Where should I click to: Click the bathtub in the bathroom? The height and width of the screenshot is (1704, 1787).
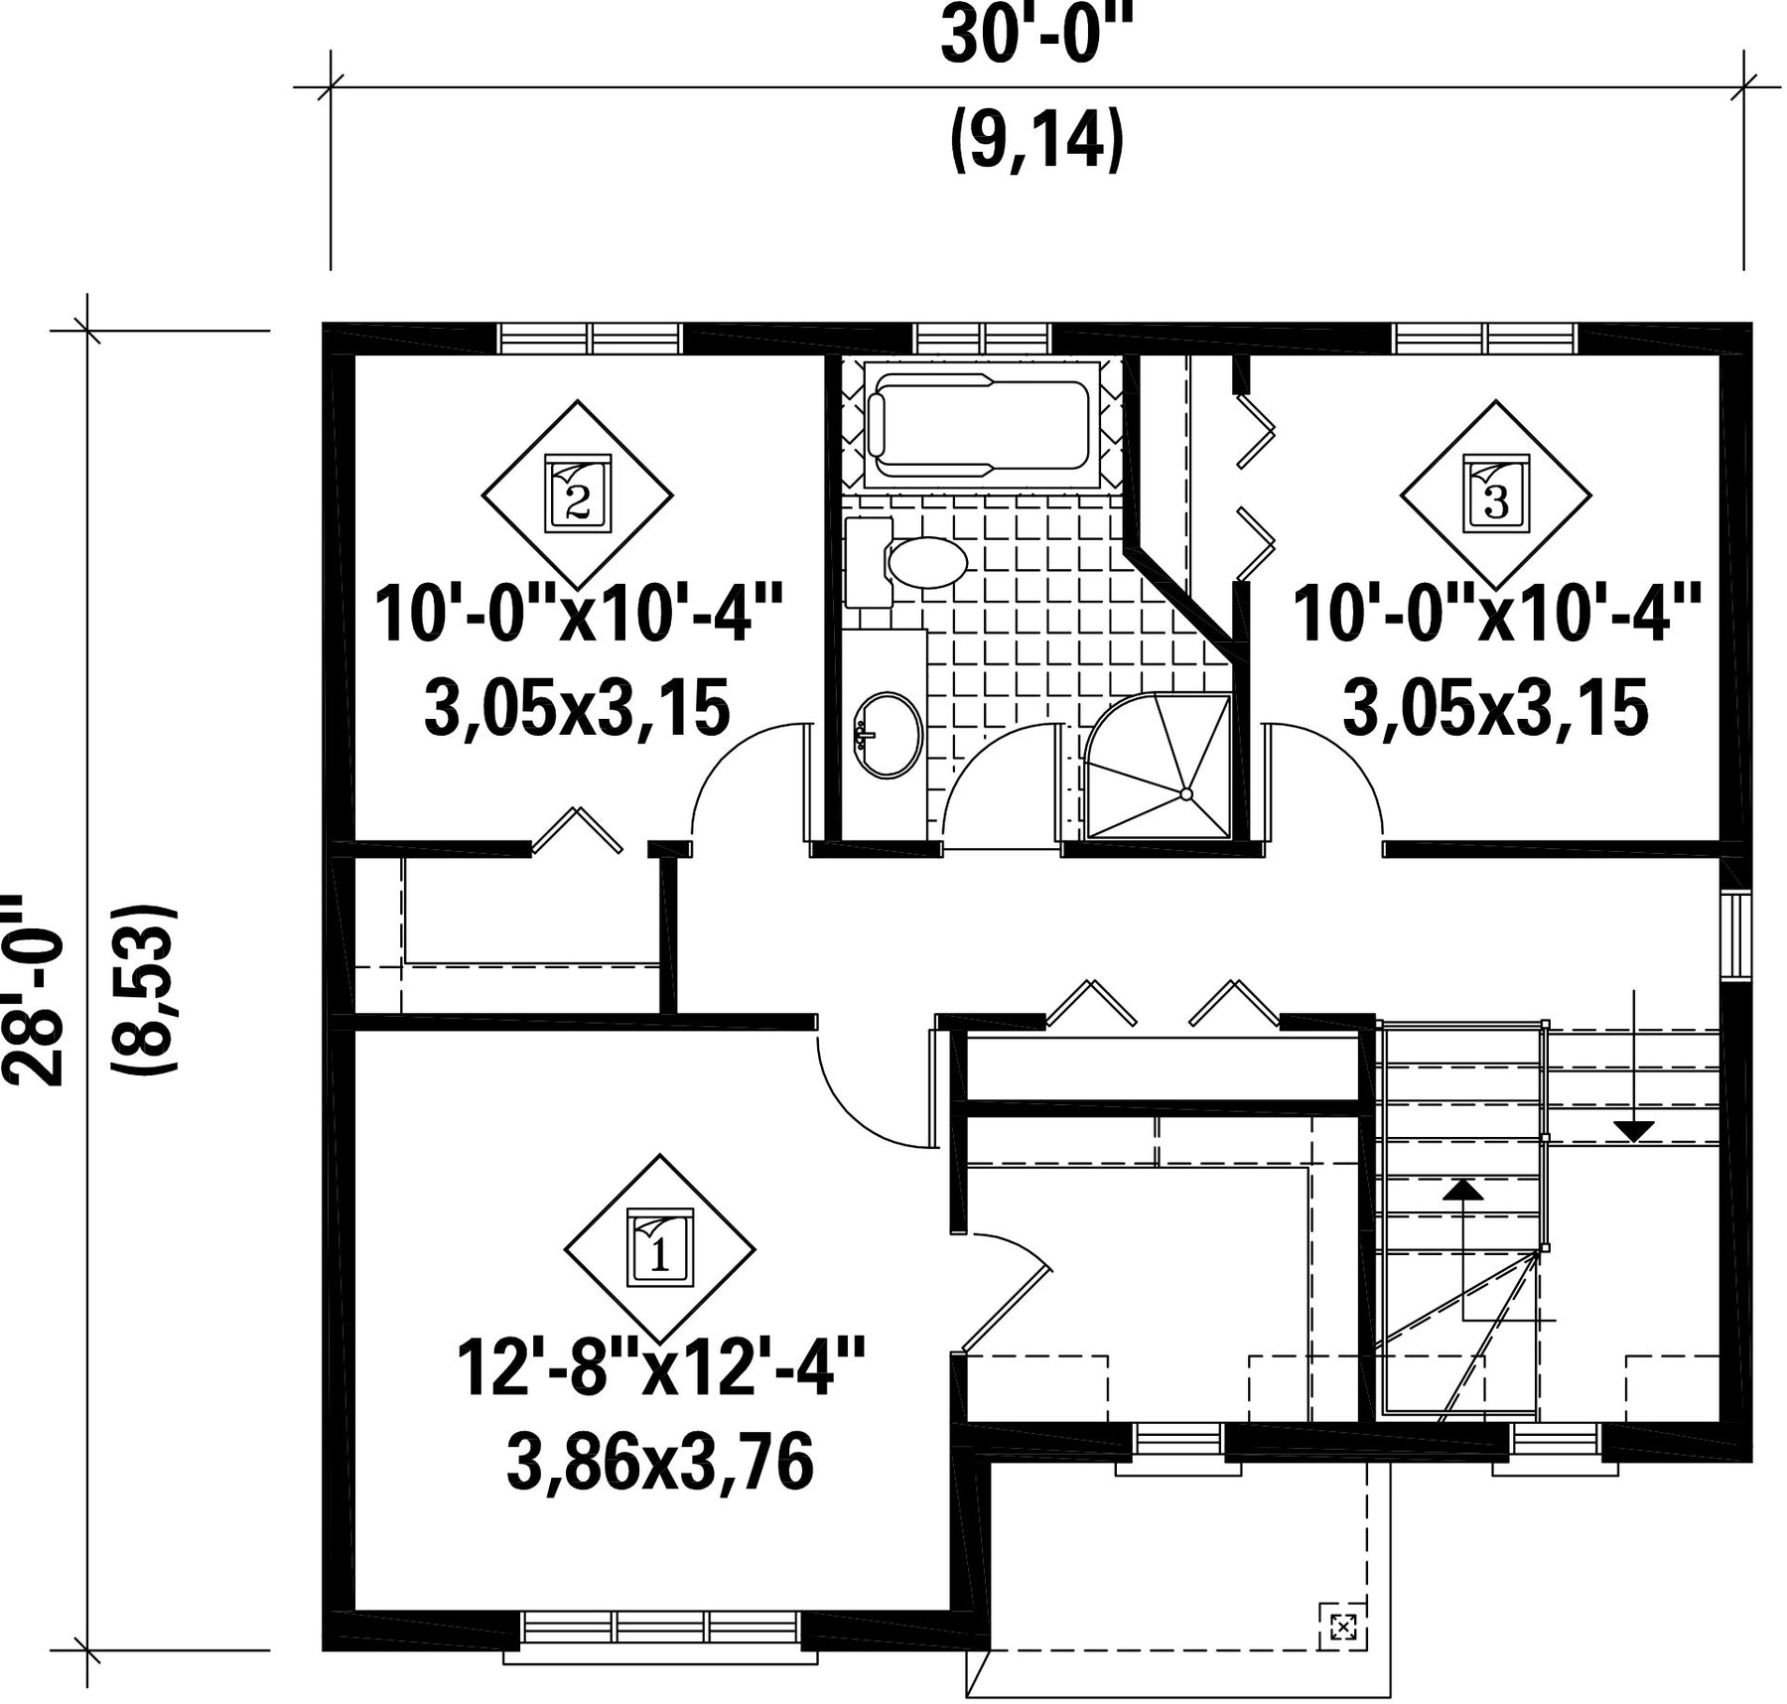coord(981,425)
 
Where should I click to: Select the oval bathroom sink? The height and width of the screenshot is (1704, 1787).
coord(888,735)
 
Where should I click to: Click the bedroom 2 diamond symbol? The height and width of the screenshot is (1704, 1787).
coord(577,495)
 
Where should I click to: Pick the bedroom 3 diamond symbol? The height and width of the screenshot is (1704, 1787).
coord(1495,495)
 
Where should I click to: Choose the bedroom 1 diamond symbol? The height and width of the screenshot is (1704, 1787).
coord(659,1249)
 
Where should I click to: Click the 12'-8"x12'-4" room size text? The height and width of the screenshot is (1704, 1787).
coord(661,1368)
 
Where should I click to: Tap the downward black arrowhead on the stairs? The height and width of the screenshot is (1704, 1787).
coord(1633,1131)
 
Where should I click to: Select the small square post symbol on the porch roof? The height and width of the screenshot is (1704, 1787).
coord(1342,1627)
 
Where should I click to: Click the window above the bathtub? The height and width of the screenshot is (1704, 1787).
coord(981,338)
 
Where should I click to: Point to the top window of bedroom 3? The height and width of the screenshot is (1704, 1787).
coord(1485,338)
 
